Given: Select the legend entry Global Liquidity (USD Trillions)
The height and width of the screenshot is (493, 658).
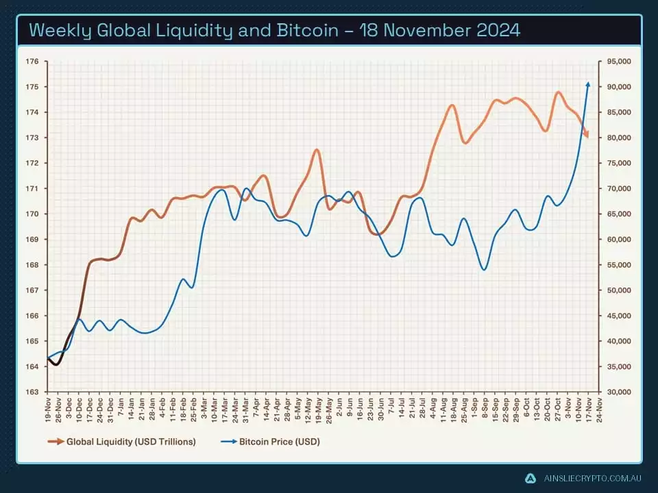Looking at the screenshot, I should click(130, 442).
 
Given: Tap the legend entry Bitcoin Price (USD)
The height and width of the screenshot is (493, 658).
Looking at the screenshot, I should click(279, 442).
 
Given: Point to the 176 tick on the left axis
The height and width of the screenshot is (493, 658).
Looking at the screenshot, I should click(32, 62).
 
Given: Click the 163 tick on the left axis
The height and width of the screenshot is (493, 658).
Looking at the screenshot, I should click(32, 392).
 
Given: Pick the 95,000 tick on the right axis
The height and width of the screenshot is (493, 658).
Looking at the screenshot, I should click(619, 62).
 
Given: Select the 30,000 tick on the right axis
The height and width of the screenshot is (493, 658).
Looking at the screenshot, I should click(619, 392).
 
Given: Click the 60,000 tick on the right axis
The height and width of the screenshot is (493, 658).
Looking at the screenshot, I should click(619, 240).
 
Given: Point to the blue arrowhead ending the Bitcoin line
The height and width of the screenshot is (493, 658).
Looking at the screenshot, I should click(587, 84).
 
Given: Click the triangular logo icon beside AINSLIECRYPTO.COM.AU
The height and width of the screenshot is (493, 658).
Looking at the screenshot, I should click(530, 478).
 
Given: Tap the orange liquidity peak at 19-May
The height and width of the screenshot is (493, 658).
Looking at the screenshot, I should click(316, 150).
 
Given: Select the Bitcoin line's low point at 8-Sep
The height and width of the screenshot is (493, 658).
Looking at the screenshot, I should click(484, 270).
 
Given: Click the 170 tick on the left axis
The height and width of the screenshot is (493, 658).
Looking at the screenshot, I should click(32, 214).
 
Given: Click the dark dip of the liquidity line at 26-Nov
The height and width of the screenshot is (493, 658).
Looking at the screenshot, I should click(56, 364).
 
